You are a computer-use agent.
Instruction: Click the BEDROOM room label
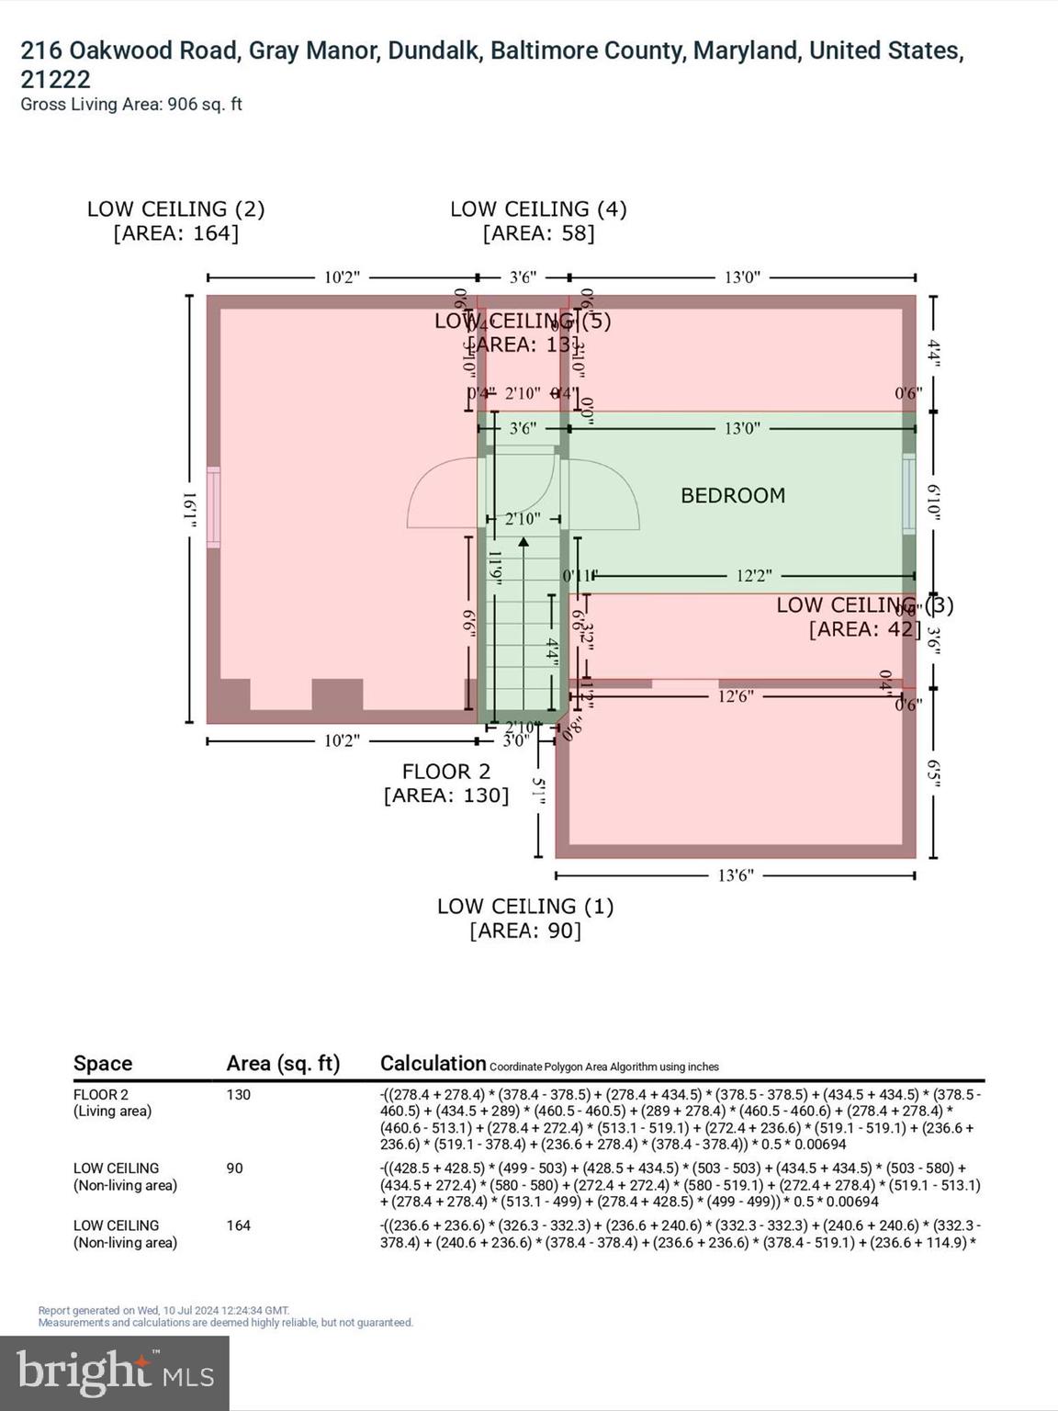pyautogui.click(x=732, y=496)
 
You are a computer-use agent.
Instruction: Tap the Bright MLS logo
pyautogui.click(x=115, y=1372)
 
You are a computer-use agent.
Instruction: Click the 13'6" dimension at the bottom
pyautogui.click(x=736, y=875)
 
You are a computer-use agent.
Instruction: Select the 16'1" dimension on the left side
pyautogui.click(x=190, y=509)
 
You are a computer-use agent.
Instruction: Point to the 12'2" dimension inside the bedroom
pyautogui.click(x=753, y=576)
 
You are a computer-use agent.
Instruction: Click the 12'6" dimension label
pyautogui.click(x=735, y=696)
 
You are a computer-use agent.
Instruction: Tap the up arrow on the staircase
pyautogui.click(x=523, y=543)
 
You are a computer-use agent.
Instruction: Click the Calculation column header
pyautogui.click(x=433, y=1063)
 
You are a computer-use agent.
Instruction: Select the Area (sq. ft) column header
pyautogui.click(x=283, y=1063)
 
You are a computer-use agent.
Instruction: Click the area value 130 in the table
pyautogui.click(x=239, y=1095)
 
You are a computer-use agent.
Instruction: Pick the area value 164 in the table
pyautogui.click(x=239, y=1225)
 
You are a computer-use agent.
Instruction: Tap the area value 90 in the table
pyautogui.click(x=235, y=1168)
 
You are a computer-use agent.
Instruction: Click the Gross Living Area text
pyautogui.click(x=131, y=105)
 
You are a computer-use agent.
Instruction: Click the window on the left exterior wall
pyautogui.click(x=213, y=507)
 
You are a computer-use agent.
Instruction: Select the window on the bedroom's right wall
pyautogui.click(x=908, y=493)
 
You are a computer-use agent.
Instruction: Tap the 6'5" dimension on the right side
pyautogui.click(x=934, y=772)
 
